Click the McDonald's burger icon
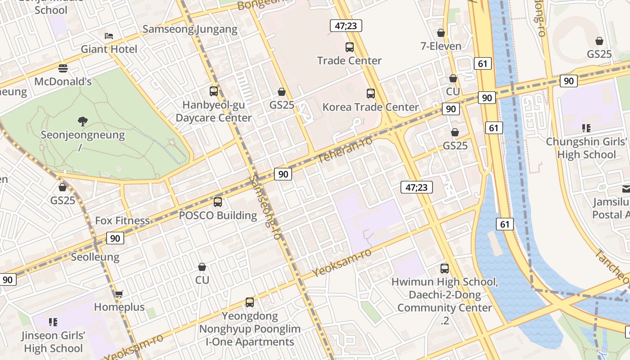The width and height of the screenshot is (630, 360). (x=63, y=68)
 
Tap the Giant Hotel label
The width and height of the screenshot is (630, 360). (x=109, y=49)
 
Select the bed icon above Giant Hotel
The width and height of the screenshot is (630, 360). (x=109, y=36)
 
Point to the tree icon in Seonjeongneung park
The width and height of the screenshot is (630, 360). (x=82, y=121)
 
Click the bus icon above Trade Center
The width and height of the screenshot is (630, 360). (x=349, y=47)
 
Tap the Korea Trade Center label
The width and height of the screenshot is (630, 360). (x=370, y=107)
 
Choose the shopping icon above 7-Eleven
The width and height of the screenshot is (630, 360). (x=441, y=33)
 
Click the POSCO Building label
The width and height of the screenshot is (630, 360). (x=218, y=216)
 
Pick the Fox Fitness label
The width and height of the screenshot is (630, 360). (x=122, y=220)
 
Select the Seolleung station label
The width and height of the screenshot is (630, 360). (x=95, y=257)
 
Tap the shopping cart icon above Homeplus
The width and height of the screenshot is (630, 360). (x=119, y=294)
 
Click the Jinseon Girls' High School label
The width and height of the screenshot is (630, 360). (x=53, y=342)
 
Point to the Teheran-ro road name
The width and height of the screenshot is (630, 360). (x=345, y=150)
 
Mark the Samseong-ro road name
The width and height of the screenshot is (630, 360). (x=265, y=207)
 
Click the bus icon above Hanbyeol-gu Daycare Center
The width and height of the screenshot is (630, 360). (x=214, y=91)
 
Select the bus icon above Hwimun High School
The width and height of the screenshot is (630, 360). (x=445, y=269)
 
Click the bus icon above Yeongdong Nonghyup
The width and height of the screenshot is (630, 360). (x=250, y=302)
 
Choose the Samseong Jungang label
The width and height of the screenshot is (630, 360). (x=190, y=30)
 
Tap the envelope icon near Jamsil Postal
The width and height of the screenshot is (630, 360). (x=626, y=189)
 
